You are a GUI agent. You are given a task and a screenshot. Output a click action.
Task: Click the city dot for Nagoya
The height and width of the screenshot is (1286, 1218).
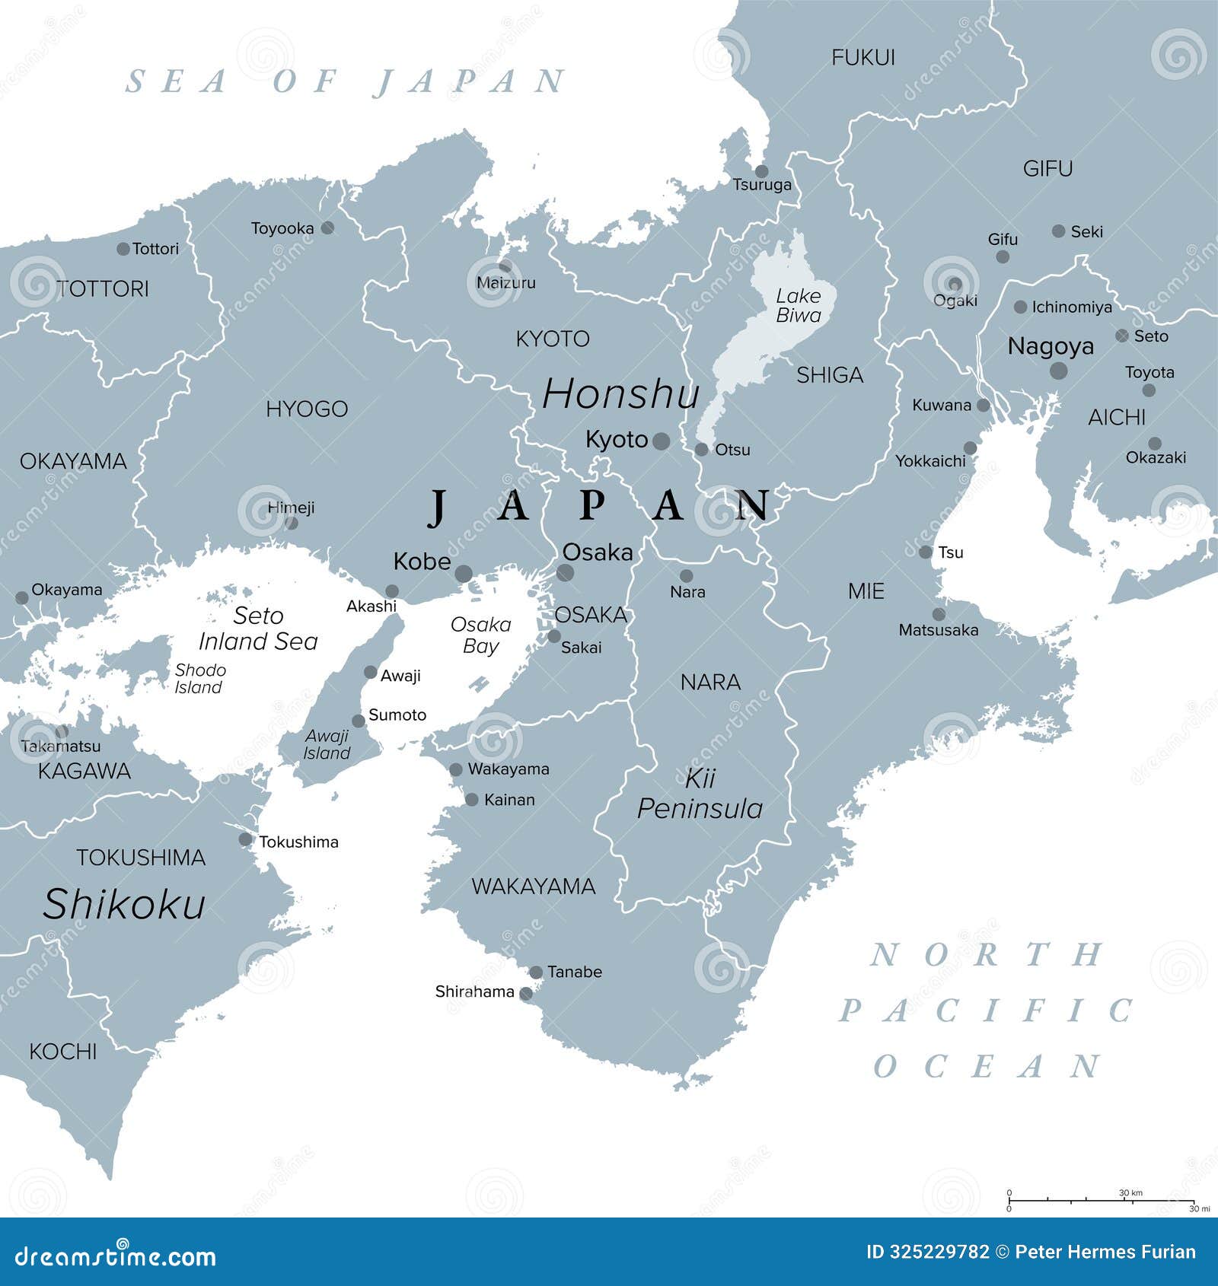1058,371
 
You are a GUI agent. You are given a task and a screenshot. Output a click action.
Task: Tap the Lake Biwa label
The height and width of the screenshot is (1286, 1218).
798,305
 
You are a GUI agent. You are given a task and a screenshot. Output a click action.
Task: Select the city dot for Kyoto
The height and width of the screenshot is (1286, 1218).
662,441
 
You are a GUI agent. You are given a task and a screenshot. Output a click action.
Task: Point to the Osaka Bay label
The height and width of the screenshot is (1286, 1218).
480,635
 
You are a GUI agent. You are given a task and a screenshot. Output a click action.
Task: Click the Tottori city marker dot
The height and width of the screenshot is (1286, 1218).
123,249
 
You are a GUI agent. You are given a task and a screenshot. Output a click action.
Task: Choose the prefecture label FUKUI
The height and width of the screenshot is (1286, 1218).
862,58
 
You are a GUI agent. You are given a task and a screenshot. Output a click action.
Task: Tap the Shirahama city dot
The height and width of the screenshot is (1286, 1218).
525,993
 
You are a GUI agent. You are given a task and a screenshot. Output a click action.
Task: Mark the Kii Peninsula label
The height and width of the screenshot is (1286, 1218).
700,794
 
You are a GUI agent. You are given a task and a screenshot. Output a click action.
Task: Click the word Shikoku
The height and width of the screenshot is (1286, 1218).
124,905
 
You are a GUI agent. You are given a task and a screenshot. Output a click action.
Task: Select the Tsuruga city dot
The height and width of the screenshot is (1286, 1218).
761,171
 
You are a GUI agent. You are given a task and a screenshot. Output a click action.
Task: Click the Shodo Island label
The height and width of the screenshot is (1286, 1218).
199,678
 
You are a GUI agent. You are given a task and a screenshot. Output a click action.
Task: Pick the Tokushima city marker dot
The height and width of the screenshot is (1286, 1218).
245,840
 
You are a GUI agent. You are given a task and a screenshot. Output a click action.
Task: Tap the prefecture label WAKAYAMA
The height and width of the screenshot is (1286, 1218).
533,887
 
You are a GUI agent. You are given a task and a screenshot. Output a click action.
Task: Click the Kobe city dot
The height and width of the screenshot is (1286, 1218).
464,574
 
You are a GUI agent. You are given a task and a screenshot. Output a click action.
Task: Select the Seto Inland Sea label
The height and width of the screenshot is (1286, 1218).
258,629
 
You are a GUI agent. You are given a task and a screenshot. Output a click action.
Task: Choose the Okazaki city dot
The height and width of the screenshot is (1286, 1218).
1155,444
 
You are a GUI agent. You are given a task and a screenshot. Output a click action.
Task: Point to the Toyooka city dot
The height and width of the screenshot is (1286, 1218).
327,228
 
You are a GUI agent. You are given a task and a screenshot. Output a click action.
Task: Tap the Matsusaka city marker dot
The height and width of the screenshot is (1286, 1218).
939,614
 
